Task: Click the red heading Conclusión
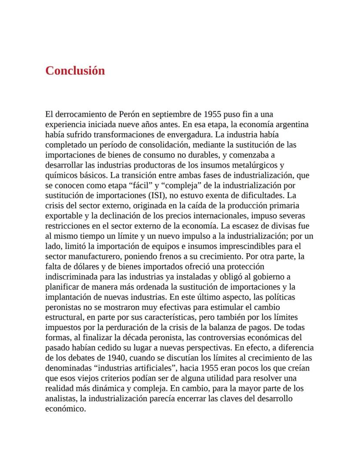(x=75, y=70)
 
